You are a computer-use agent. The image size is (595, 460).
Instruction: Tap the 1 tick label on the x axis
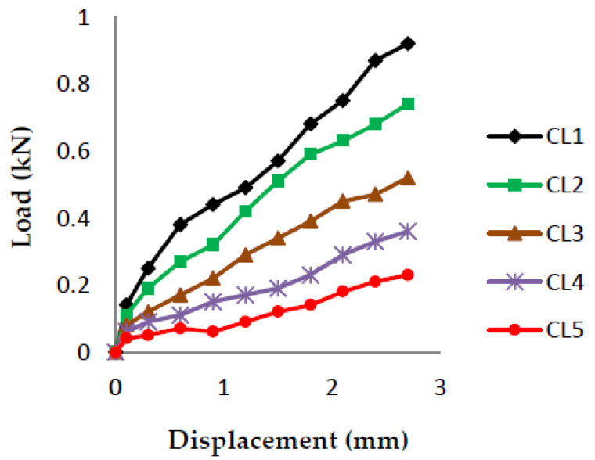tap(224, 387)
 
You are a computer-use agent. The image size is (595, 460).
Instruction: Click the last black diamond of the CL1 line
tap(408, 44)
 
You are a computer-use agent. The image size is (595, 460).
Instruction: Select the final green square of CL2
tap(408, 104)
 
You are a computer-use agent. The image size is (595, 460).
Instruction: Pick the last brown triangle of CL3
tap(408, 178)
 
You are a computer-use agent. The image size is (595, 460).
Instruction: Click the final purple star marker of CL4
tap(408, 232)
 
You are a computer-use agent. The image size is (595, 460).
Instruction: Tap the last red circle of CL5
tap(408, 275)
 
